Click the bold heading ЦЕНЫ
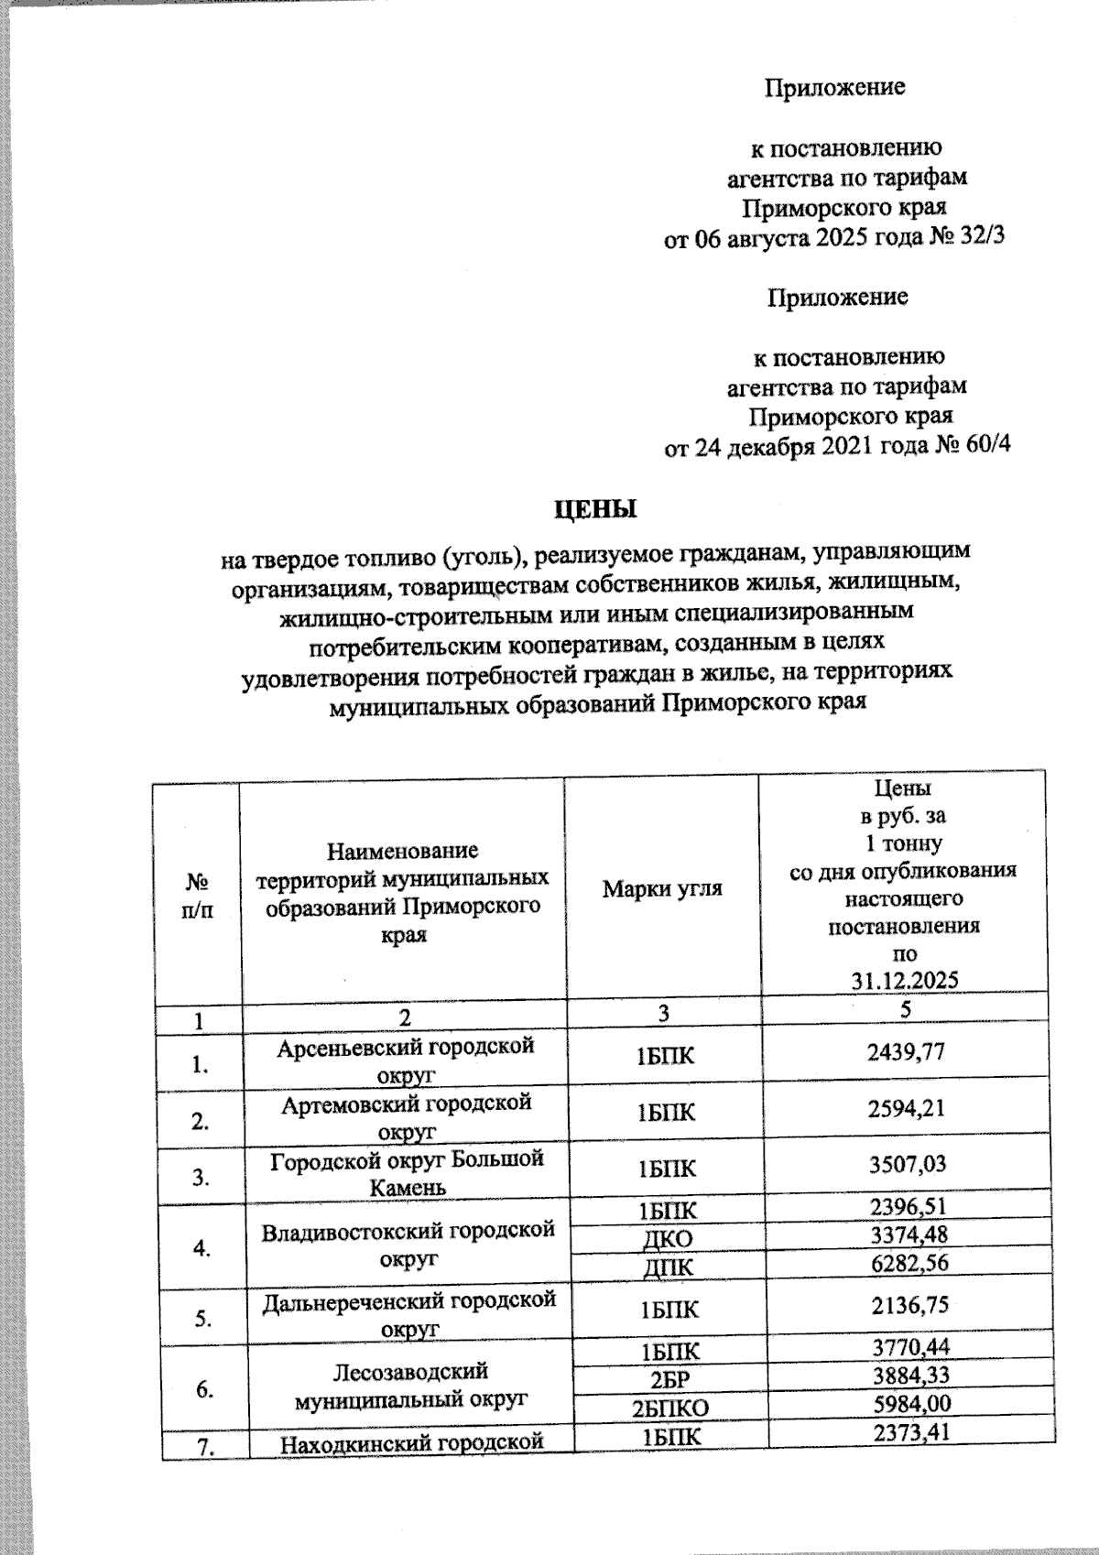(595, 507)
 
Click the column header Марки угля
(662, 887)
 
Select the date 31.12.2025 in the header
(904, 980)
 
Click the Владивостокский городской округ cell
(408, 1244)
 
